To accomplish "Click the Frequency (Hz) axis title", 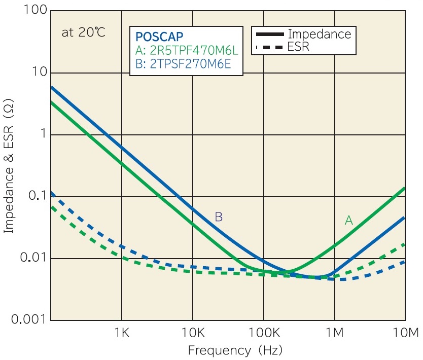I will pos(235,350).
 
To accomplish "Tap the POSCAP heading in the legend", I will pos(159,37).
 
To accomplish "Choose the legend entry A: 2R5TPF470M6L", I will pos(187,51).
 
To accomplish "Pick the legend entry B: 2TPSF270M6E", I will pos(186,64).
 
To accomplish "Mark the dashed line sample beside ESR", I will pos(270,48).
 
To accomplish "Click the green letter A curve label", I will pos(348,220).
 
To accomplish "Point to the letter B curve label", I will pos(219,217).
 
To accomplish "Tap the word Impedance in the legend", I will pos(319,34).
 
